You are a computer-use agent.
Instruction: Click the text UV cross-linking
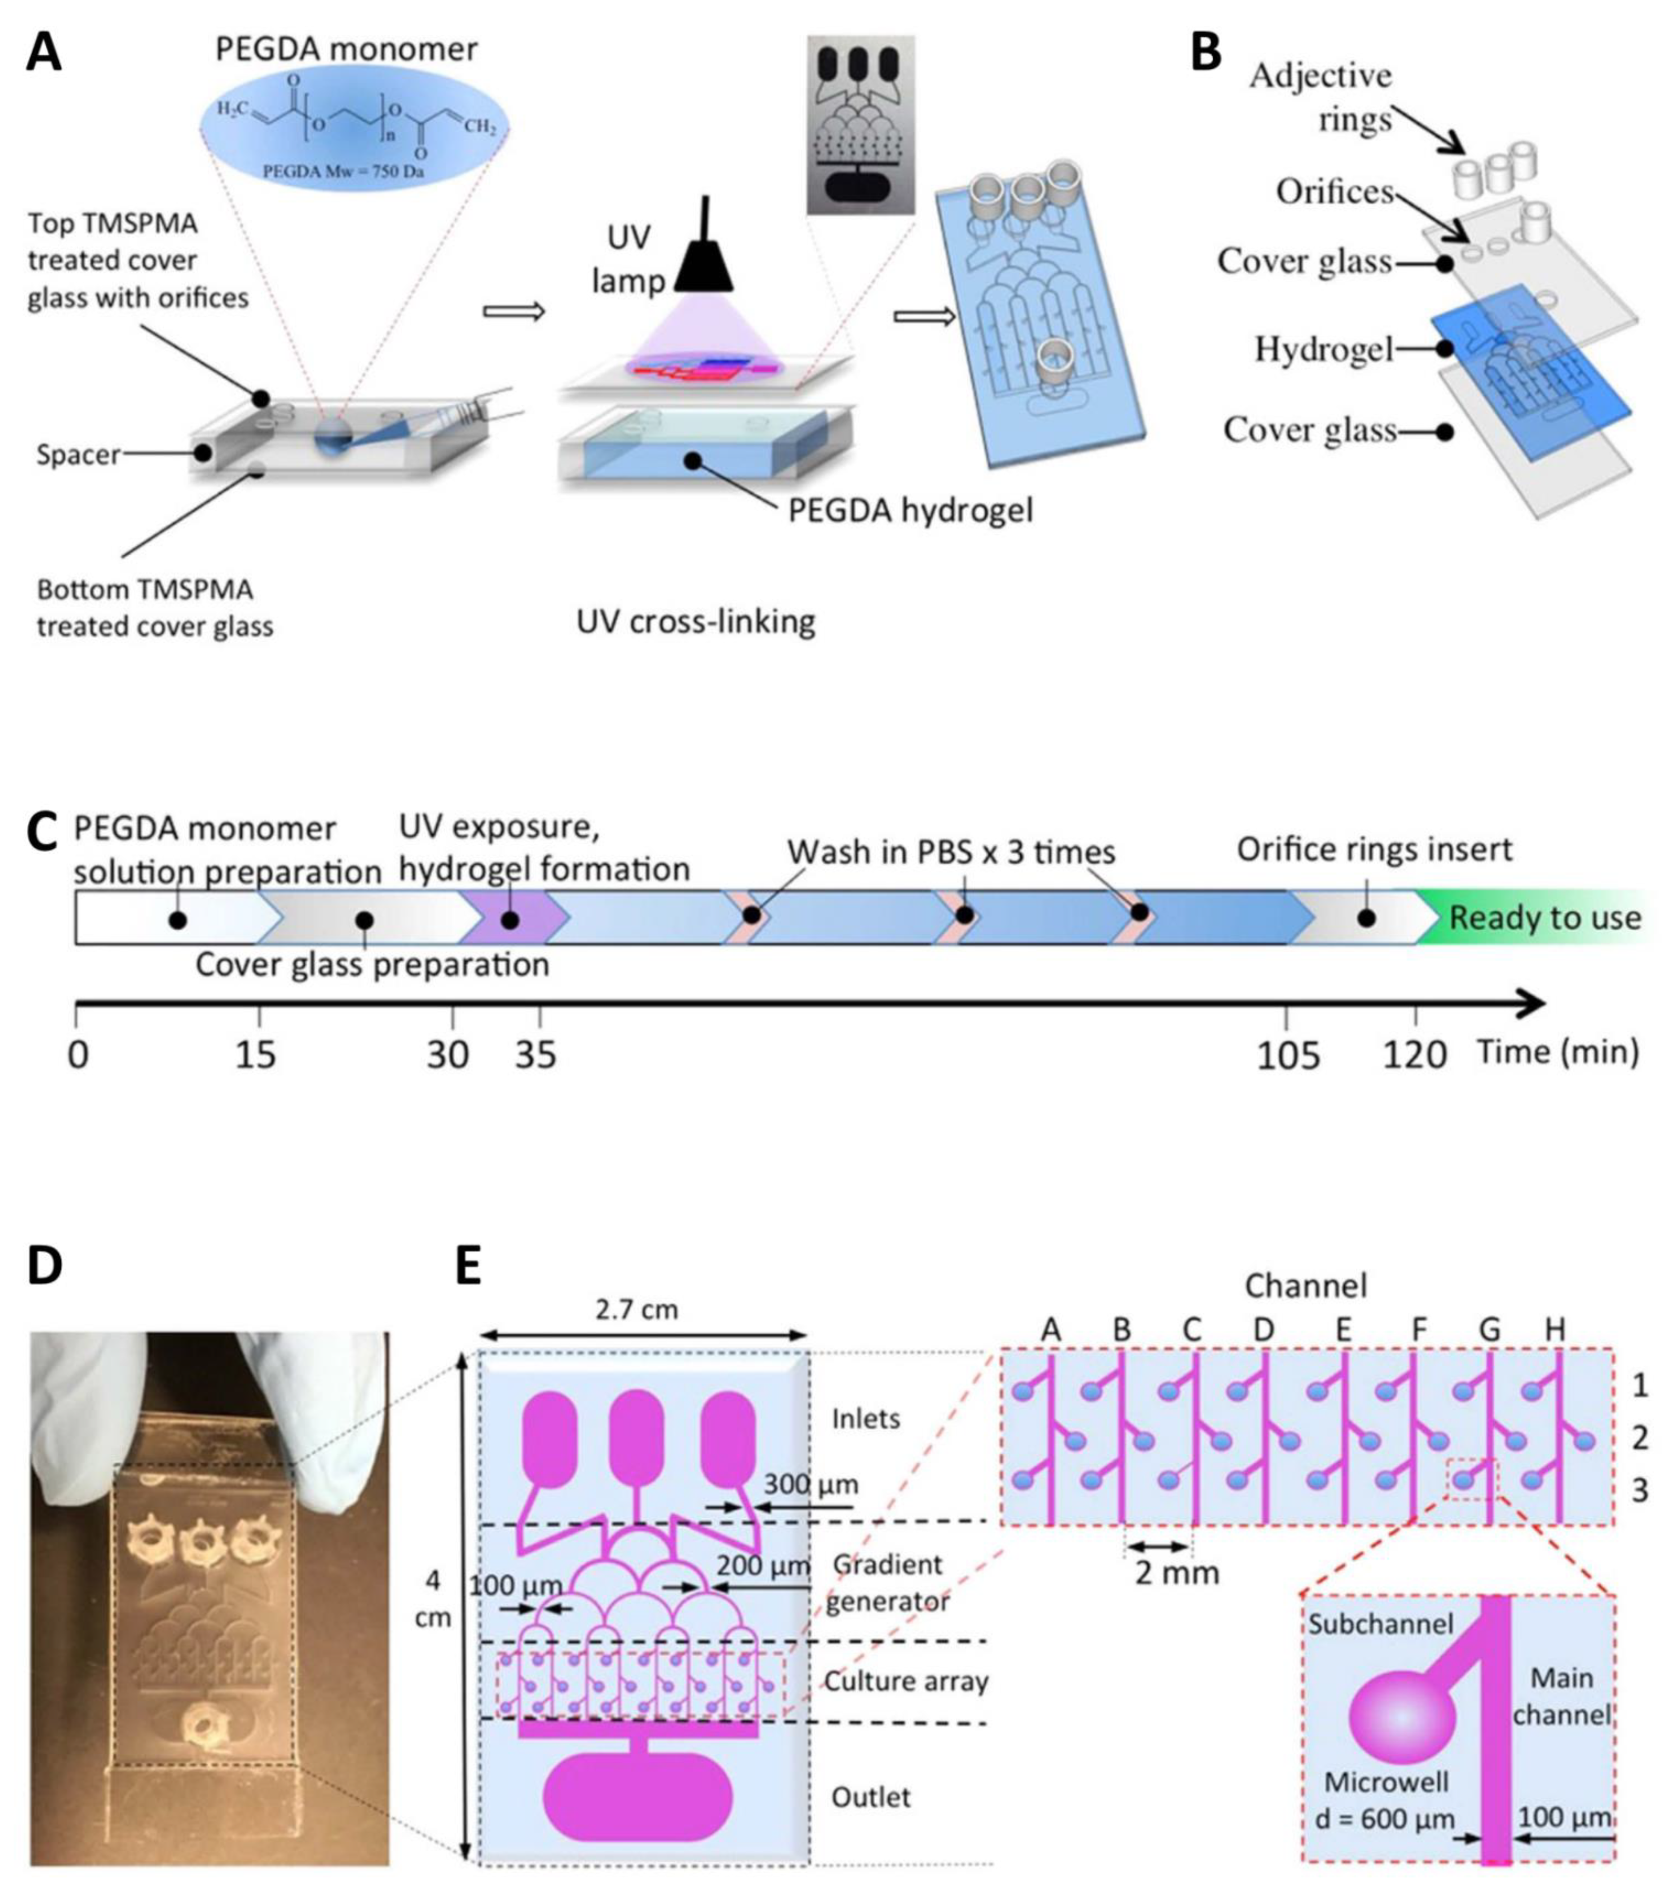point(696,622)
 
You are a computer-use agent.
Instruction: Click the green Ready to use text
point(1545,918)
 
